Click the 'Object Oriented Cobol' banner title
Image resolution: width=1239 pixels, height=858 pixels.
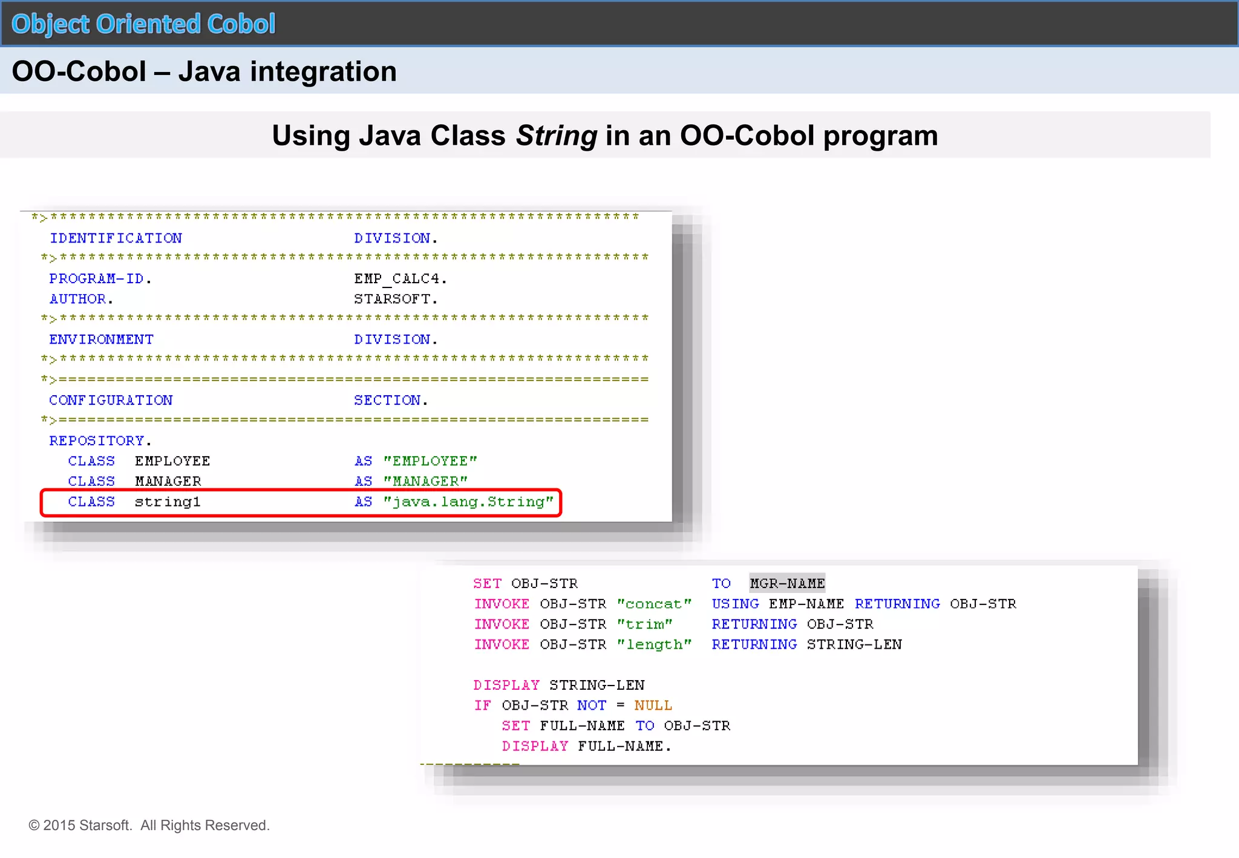[143, 24]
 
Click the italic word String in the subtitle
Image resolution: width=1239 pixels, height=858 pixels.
[556, 136]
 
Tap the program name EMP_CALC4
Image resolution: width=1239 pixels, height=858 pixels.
[400, 279]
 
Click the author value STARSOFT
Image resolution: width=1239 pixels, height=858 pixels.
[395, 300]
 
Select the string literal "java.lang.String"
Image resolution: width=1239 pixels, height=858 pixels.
[468, 502]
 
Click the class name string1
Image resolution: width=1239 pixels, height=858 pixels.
[168, 502]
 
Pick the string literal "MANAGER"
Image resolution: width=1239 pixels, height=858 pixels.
[425, 482]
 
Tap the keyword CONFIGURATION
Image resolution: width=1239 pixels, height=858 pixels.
[111, 401]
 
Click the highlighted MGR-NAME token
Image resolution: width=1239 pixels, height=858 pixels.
[787, 584]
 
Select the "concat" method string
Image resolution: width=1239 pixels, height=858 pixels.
[653, 604]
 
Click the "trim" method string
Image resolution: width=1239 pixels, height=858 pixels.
[644, 624]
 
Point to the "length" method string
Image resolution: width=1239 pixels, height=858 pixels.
[653, 645]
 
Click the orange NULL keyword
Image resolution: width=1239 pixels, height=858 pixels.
[653, 706]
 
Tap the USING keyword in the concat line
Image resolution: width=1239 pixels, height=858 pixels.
[735, 604]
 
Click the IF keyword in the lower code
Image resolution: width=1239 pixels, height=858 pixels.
[482, 706]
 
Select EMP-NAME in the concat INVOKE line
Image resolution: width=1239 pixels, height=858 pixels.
[806, 604]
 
